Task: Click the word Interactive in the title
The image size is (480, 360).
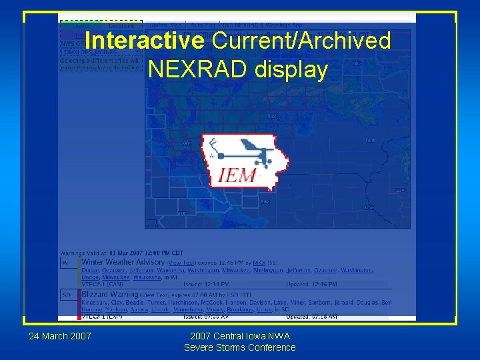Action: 145,41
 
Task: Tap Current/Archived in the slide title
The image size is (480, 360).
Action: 301,41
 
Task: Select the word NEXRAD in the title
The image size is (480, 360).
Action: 198,69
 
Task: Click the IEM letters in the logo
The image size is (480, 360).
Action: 237,175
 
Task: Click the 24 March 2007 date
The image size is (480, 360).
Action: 60,335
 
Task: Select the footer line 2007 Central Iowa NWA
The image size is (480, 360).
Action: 239,335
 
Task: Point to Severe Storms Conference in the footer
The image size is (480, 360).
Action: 239,347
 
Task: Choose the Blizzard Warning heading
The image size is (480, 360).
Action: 109,294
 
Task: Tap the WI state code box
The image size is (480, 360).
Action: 67,263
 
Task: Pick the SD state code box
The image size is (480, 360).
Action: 67,294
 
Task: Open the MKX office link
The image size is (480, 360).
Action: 259,263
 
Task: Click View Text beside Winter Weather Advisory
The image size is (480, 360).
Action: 182,263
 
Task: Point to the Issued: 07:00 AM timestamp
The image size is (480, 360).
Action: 177,316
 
